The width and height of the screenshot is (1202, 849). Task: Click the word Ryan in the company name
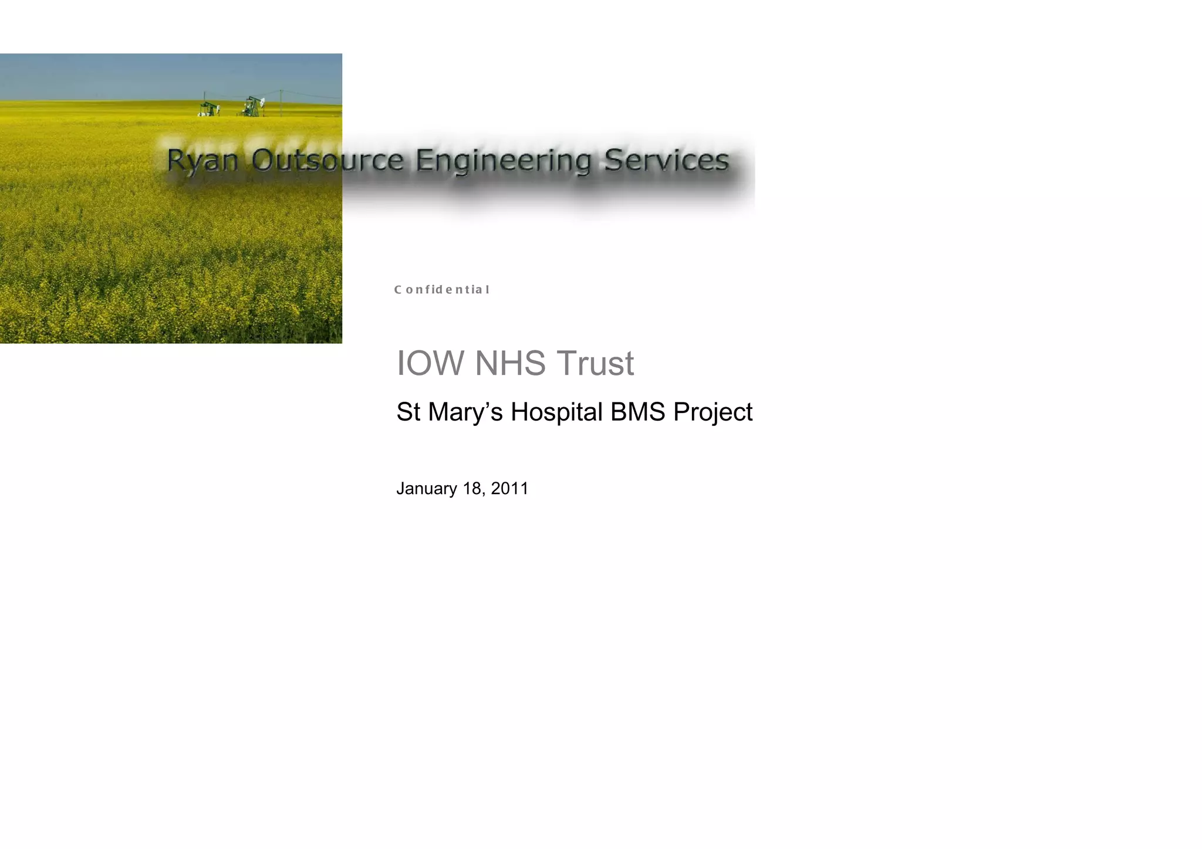click(202, 161)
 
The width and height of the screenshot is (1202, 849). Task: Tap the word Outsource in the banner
click(327, 160)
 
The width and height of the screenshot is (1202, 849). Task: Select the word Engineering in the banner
click(504, 161)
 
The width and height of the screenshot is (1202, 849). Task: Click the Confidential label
click(441, 289)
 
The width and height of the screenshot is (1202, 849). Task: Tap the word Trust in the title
click(595, 363)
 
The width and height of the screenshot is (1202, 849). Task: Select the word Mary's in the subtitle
click(465, 412)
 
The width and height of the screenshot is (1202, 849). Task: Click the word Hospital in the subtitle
click(556, 412)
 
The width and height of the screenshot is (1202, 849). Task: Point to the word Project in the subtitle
click(713, 412)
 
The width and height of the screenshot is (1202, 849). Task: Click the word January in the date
click(427, 489)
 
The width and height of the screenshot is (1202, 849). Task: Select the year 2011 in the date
click(509, 488)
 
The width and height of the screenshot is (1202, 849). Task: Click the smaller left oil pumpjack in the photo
click(209, 109)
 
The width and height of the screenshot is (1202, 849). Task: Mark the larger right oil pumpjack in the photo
click(252, 107)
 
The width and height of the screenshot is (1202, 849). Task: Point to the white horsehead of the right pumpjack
click(261, 102)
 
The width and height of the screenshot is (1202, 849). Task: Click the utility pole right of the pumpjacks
click(281, 103)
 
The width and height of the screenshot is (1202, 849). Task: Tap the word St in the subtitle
click(408, 412)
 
